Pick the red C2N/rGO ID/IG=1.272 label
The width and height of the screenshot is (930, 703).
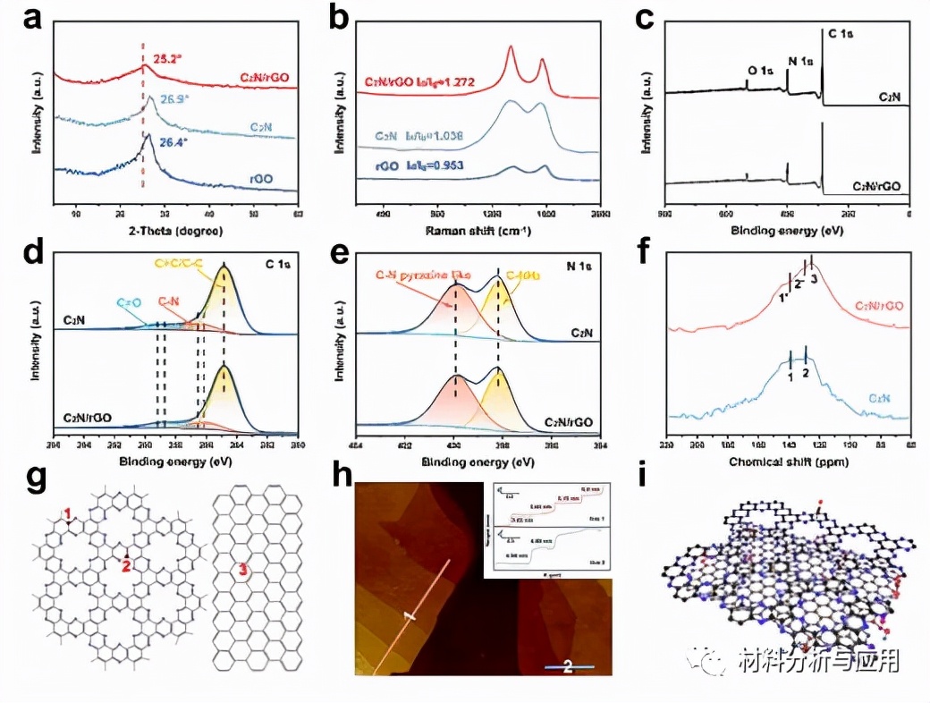click(418, 82)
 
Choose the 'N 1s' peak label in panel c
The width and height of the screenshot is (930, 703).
click(799, 62)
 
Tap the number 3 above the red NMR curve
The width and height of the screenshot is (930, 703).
click(815, 279)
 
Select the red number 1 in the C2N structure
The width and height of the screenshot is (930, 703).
click(66, 512)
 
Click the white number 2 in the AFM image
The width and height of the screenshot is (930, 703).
click(567, 666)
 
